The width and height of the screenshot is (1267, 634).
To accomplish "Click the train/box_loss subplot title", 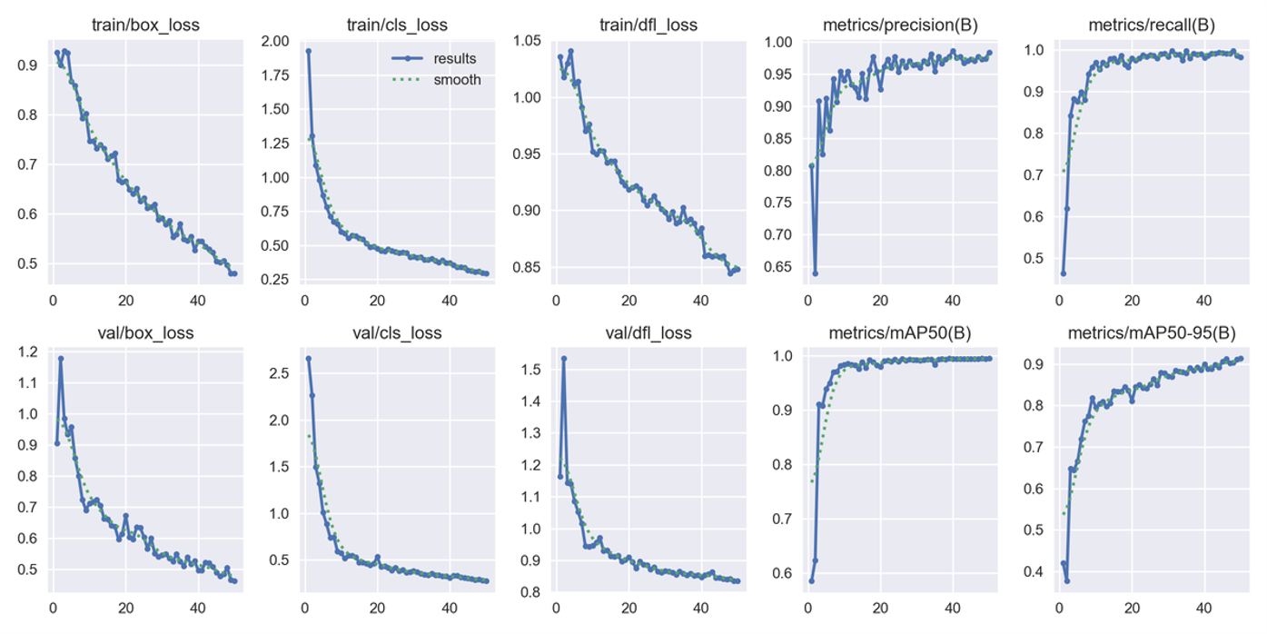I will pyautogui.click(x=145, y=25).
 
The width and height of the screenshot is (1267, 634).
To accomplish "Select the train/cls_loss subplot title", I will pyautogui.click(x=397, y=25).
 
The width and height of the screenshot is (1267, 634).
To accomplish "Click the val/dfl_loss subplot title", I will pyautogui.click(x=648, y=333).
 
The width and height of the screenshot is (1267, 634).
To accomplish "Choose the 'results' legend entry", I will pyautogui.click(x=455, y=59).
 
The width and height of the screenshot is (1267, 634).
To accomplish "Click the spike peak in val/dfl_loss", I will pyautogui.click(x=563, y=358).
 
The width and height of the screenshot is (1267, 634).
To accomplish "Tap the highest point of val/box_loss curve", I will pyautogui.click(x=61, y=358).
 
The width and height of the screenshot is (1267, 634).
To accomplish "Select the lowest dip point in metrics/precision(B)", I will pyautogui.click(x=815, y=273).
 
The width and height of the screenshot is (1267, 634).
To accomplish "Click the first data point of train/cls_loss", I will pyautogui.click(x=308, y=51).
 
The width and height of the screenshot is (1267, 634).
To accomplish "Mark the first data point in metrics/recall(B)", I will pyautogui.click(x=1063, y=273).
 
